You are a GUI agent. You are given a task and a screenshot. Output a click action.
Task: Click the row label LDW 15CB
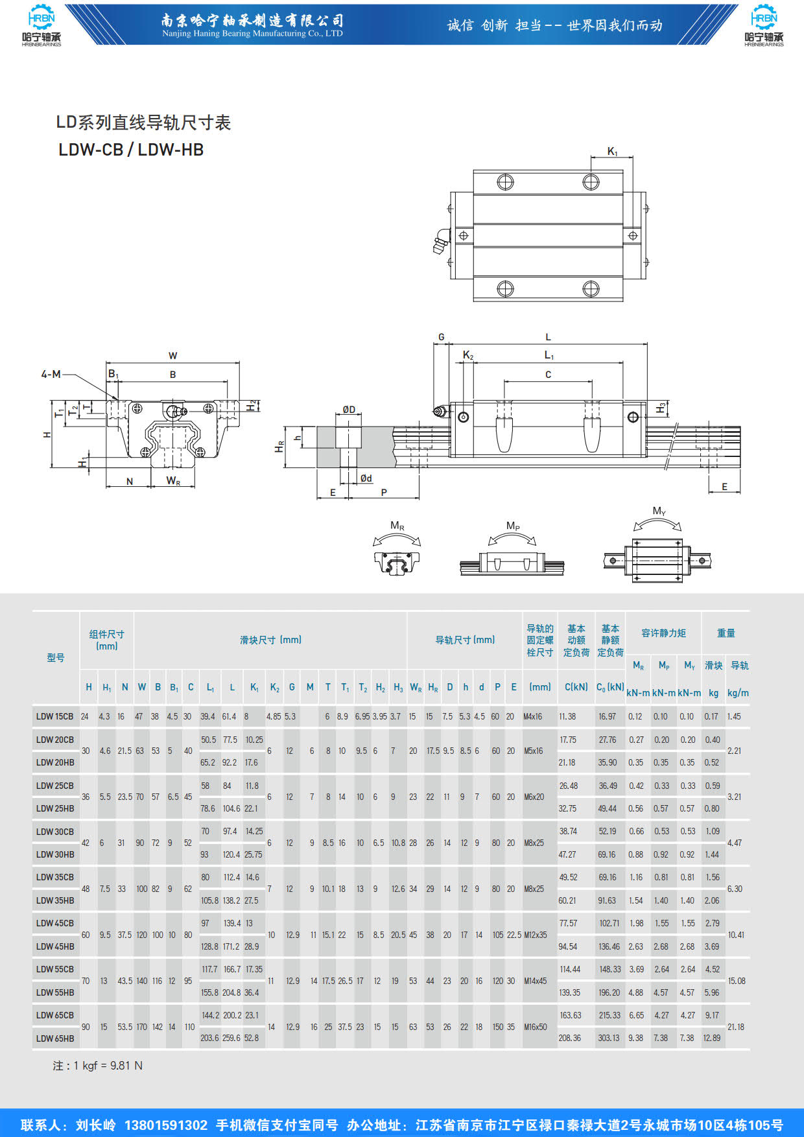point(54,716)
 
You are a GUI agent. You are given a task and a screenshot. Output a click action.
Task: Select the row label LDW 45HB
point(55,946)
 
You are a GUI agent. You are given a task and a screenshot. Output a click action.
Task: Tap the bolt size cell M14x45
point(536,981)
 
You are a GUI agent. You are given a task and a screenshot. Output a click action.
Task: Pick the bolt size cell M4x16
point(533,716)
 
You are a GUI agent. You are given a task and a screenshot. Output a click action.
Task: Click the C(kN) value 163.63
point(571,1015)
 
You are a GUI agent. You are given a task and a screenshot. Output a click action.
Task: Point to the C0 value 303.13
point(609,1038)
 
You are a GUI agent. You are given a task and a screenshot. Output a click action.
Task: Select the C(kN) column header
point(576,687)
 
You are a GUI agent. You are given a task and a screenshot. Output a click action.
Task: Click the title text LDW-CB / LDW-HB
point(131,150)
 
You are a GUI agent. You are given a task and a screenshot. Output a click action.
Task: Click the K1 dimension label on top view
point(612,152)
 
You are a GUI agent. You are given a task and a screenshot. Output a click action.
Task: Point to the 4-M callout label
point(51,374)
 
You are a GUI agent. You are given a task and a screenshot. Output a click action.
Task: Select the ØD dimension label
point(349,410)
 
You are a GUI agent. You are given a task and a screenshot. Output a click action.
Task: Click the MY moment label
point(659,511)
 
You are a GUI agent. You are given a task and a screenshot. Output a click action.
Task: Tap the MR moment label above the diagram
point(397,526)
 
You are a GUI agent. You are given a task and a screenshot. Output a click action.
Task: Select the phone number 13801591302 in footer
point(166,1125)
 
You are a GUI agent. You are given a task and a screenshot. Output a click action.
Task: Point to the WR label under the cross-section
point(173,481)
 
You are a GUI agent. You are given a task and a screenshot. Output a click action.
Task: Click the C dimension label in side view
point(548,375)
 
